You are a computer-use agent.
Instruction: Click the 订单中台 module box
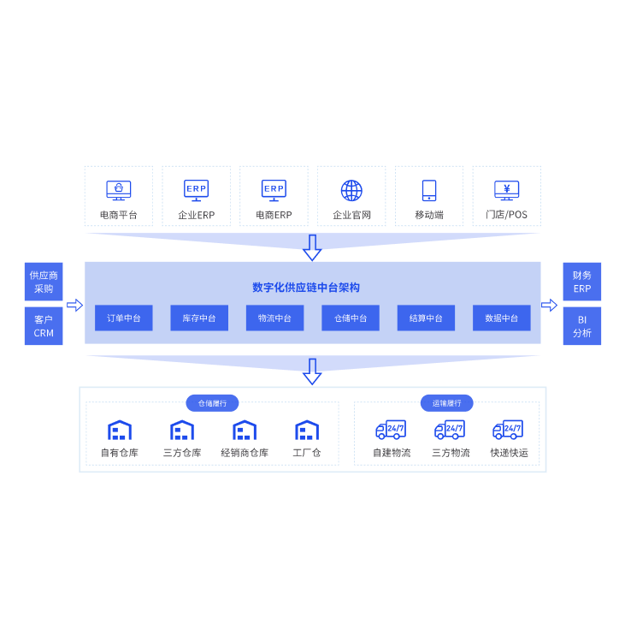pyautogui.click(x=124, y=318)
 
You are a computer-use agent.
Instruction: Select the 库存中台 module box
pyautogui.click(x=199, y=318)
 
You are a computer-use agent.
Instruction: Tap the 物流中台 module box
pyautogui.click(x=274, y=318)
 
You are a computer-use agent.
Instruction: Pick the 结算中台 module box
pyautogui.click(x=426, y=318)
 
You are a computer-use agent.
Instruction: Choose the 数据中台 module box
pyautogui.click(x=502, y=318)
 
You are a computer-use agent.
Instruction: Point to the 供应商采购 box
pyautogui.click(x=44, y=282)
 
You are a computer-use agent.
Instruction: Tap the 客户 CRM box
pyautogui.click(x=44, y=326)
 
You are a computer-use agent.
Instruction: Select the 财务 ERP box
pyautogui.click(x=582, y=282)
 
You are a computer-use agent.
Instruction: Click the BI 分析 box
pyautogui.click(x=582, y=326)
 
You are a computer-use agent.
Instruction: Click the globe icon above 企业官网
pyautogui.click(x=351, y=190)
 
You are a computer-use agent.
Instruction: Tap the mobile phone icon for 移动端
pyautogui.click(x=429, y=190)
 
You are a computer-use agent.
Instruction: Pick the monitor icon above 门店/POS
pyautogui.click(x=507, y=190)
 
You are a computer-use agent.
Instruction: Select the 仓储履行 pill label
pyautogui.click(x=212, y=403)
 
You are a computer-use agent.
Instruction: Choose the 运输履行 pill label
pyautogui.click(x=446, y=403)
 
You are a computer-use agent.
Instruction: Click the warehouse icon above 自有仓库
pyautogui.click(x=120, y=430)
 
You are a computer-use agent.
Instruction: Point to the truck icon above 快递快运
pyautogui.click(x=508, y=430)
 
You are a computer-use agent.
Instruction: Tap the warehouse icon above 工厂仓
pyautogui.click(x=307, y=430)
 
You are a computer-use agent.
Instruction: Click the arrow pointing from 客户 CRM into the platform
pyautogui.click(x=75, y=305)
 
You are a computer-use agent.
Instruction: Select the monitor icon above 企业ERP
pyautogui.click(x=196, y=190)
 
